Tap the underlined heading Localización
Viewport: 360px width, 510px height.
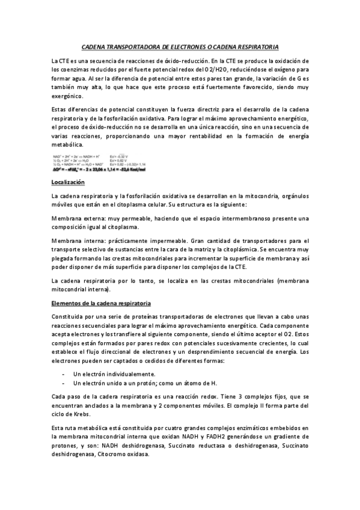pyautogui.click(x=68, y=181)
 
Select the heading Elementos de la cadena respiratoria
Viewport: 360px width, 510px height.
pyautogui.click(x=101, y=303)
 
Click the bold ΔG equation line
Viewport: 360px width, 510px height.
pyautogui.click(x=100, y=170)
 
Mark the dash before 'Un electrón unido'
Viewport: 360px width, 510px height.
pyautogui.click(x=64, y=382)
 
